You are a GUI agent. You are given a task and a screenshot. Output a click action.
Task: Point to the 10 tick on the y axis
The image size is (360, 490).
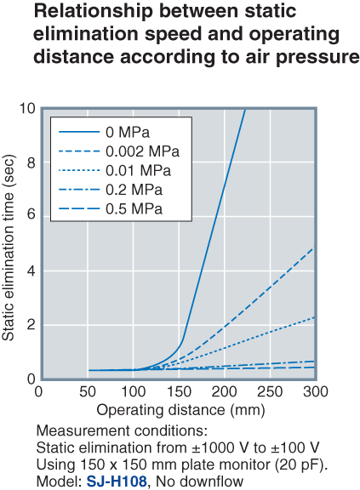pyautogui.click(x=26, y=108)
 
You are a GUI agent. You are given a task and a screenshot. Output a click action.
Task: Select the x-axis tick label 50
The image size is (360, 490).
pyautogui.click(x=85, y=390)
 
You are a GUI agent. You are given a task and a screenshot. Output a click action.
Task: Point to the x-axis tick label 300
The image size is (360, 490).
pyautogui.click(x=316, y=390)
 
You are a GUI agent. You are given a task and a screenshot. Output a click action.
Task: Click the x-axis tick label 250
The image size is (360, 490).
pyautogui.click(x=270, y=390)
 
